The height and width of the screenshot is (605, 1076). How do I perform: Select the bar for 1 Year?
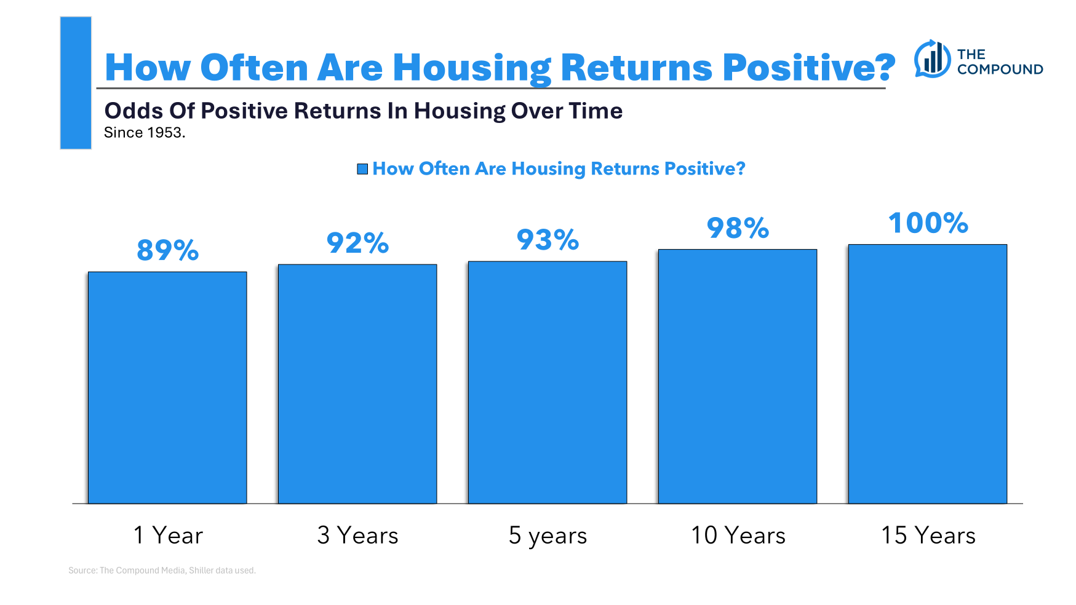point(167,387)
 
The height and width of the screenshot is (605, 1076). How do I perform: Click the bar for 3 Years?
point(357,384)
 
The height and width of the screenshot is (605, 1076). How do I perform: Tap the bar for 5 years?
point(548,382)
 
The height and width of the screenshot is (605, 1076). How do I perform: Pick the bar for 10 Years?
point(738,376)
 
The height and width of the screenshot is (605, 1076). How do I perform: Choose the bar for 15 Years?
point(928,374)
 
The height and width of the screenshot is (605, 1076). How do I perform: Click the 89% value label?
point(167,250)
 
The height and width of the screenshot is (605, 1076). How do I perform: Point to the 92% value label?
point(357,243)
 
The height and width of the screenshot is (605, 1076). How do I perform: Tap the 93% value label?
point(548,240)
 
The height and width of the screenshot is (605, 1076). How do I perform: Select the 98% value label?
point(738,228)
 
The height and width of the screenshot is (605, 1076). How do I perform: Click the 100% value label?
point(928,223)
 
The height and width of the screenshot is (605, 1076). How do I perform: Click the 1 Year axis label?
point(167,536)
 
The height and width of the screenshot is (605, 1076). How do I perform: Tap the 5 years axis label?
point(548,536)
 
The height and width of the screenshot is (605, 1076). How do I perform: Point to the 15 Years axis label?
point(928,536)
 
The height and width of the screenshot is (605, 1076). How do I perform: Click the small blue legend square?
point(362,169)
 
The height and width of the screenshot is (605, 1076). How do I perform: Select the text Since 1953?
point(145,133)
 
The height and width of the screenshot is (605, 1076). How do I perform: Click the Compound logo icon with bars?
point(933,59)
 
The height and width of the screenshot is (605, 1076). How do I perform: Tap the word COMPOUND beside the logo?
point(1000,69)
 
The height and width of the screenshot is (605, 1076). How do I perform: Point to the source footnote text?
point(162,571)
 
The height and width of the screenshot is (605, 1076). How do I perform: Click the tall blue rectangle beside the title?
point(76,83)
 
